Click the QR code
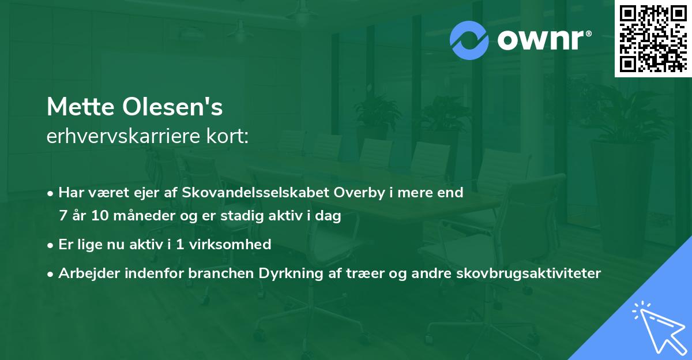(653, 38)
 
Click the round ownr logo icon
(469, 40)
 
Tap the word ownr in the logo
(543, 40)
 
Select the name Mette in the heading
(80, 108)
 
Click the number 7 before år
(62, 217)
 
